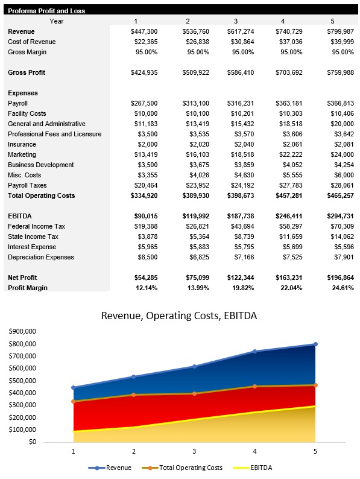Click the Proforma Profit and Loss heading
[x=46, y=11]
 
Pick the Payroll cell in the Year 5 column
[x=340, y=103]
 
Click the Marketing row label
[x=22, y=154]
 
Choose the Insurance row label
[x=22, y=144]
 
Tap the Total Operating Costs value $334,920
[x=144, y=195]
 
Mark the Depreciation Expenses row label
[x=41, y=257]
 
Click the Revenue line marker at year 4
[x=254, y=351]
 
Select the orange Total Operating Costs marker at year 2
[x=134, y=395]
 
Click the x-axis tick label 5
[x=315, y=451]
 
